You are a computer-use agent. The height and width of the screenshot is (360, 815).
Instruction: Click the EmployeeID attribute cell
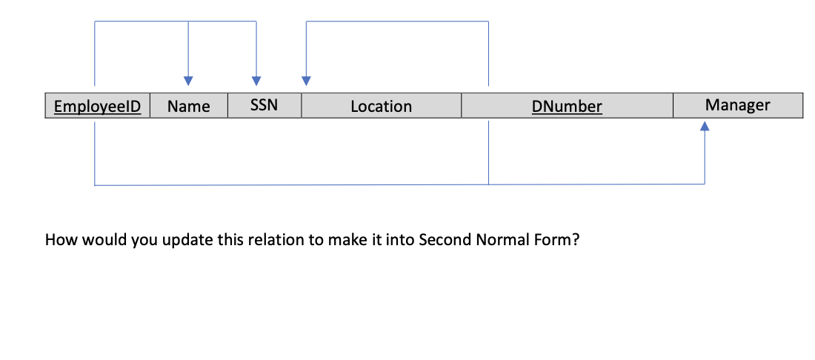pyautogui.click(x=98, y=107)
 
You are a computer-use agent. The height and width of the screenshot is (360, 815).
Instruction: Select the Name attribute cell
pyautogui.click(x=188, y=107)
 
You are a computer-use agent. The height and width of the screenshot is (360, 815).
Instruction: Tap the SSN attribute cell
pyautogui.click(x=264, y=105)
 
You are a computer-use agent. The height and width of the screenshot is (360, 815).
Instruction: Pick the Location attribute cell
pyautogui.click(x=381, y=107)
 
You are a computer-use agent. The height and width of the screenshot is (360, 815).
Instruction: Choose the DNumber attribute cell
pyautogui.click(x=567, y=107)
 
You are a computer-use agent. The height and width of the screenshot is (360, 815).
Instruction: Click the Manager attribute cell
pyautogui.click(x=737, y=105)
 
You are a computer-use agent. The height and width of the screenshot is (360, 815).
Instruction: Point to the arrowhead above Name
pyautogui.click(x=188, y=81)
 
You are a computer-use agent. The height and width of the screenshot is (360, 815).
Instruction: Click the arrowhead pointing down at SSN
pyautogui.click(x=256, y=81)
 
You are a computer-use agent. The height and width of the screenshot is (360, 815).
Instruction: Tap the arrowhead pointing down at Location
pyautogui.click(x=306, y=81)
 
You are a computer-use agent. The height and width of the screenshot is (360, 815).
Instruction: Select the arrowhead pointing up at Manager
pyautogui.click(x=705, y=127)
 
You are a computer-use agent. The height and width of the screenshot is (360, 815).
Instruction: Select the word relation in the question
pyautogui.click(x=240, y=241)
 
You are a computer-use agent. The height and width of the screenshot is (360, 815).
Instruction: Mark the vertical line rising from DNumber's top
pyautogui.click(x=488, y=52)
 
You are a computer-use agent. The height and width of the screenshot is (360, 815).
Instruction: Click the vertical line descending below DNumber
pyautogui.click(x=488, y=152)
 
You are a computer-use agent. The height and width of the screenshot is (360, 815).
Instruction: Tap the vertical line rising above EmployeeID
pyautogui.click(x=95, y=52)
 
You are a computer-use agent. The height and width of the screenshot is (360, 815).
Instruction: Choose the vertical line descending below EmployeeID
pyautogui.click(x=95, y=152)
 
